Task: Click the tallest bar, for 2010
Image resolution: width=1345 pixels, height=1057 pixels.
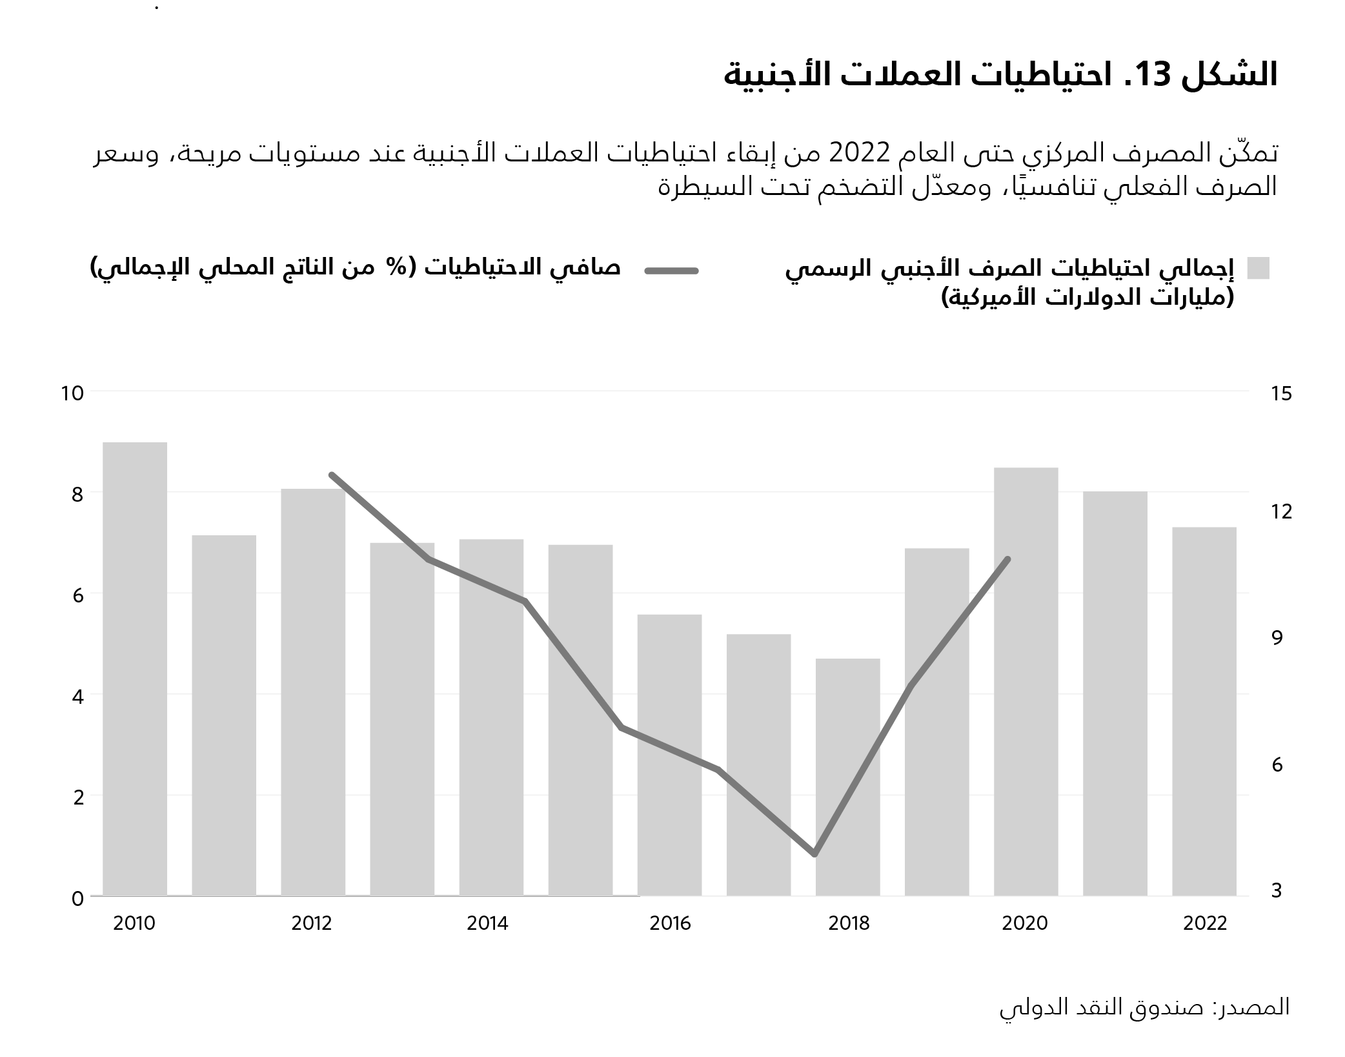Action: (135, 668)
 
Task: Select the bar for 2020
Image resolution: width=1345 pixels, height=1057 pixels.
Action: (1026, 681)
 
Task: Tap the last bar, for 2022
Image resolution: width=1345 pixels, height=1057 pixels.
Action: (1204, 711)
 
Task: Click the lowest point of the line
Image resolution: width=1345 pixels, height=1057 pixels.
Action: (814, 854)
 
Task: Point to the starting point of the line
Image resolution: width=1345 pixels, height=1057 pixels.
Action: (331, 475)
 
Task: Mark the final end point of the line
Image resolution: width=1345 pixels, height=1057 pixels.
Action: (1007, 559)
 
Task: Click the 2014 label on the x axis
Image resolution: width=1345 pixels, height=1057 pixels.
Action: (487, 923)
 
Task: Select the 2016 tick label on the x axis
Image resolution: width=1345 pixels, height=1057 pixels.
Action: (670, 923)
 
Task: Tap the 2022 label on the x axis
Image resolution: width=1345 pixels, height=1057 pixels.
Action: (1204, 923)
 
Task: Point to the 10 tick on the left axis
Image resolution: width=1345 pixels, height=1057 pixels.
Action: (72, 393)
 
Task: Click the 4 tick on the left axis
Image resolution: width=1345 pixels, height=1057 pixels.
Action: (78, 697)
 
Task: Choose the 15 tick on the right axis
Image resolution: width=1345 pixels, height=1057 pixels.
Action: (1281, 393)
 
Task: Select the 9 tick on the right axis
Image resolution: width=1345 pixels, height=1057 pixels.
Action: (1277, 637)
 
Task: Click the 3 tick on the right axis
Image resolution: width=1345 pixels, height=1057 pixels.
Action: (1277, 891)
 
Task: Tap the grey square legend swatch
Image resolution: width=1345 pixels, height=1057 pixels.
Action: (1258, 268)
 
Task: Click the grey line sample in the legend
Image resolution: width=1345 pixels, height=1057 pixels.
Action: (671, 271)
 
